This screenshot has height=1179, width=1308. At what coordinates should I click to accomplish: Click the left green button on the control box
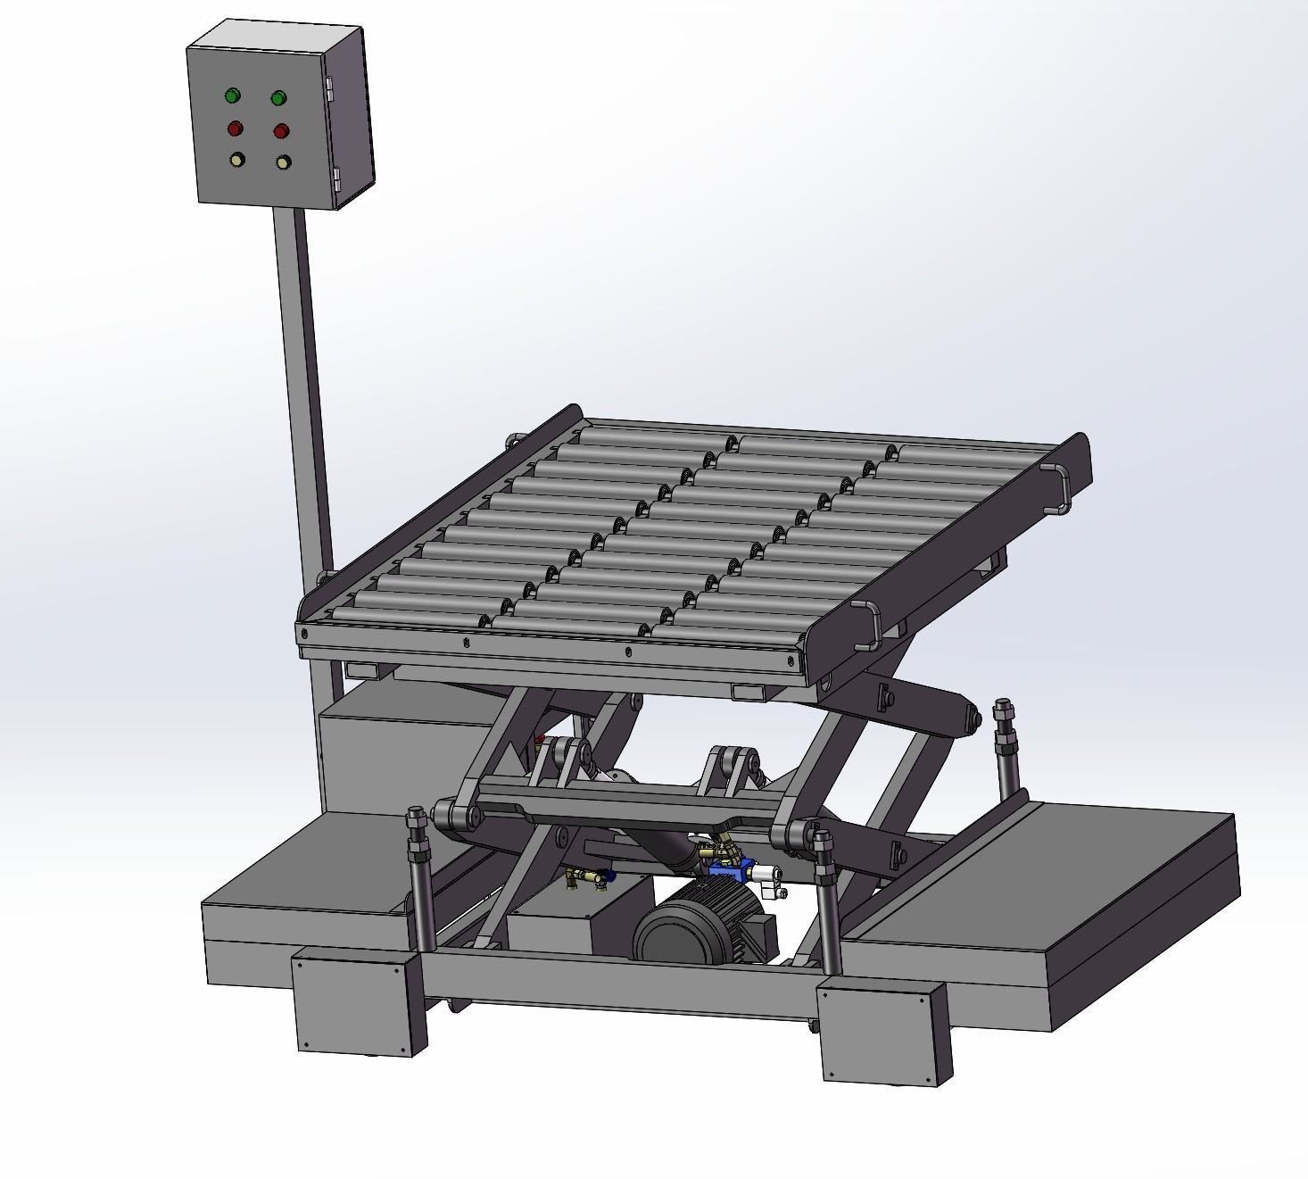pyautogui.click(x=233, y=95)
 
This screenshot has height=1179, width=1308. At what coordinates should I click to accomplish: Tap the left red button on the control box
pyautogui.click(x=236, y=128)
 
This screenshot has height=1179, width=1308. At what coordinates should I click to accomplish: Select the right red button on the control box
pyautogui.click(x=281, y=131)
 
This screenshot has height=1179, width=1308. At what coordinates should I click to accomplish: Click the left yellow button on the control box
pyautogui.click(x=237, y=160)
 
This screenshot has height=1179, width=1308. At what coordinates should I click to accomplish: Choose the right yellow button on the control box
pyautogui.click(x=283, y=162)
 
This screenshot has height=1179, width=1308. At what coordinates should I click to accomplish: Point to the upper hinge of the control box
pyautogui.click(x=330, y=87)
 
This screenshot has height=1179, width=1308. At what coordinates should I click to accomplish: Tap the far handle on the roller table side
pyautogui.click(x=1061, y=488)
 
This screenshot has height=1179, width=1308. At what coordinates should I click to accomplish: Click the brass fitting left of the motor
pyautogui.click(x=585, y=879)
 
